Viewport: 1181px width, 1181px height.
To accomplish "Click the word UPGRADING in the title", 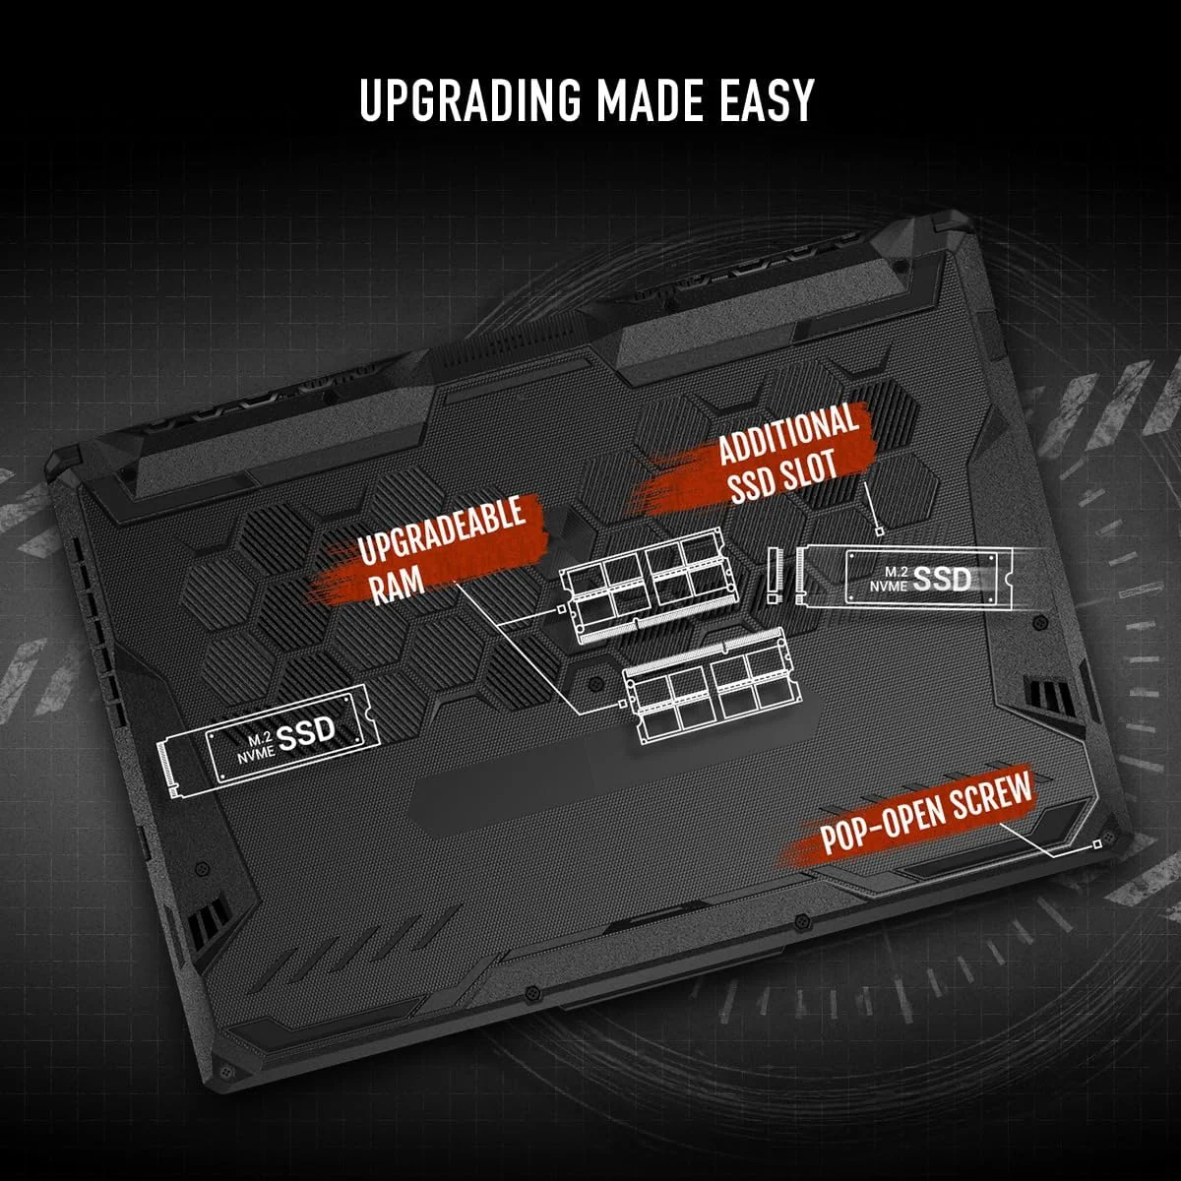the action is [469, 99].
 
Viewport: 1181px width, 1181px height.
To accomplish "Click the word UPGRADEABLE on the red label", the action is [442, 529].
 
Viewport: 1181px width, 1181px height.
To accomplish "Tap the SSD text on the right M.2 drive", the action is [942, 580].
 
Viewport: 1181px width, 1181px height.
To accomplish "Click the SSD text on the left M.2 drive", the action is [306, 733].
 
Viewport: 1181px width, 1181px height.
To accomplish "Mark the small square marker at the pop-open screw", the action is [1097, 844].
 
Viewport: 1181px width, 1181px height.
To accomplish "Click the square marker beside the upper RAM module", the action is [561, 609].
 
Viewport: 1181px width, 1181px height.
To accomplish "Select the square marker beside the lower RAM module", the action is [623, 704].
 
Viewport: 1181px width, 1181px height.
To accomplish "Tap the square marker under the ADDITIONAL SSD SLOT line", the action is [880, 530].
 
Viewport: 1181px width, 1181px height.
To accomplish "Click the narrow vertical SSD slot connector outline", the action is [775, 574].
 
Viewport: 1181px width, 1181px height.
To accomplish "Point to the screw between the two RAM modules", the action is [593, 683].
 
